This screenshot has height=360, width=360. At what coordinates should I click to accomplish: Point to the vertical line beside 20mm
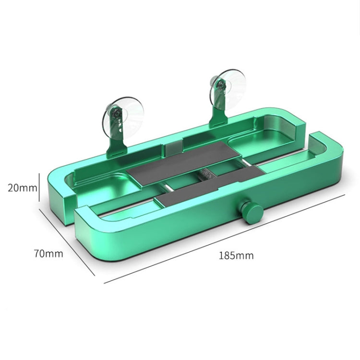click(x=40, y=188)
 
